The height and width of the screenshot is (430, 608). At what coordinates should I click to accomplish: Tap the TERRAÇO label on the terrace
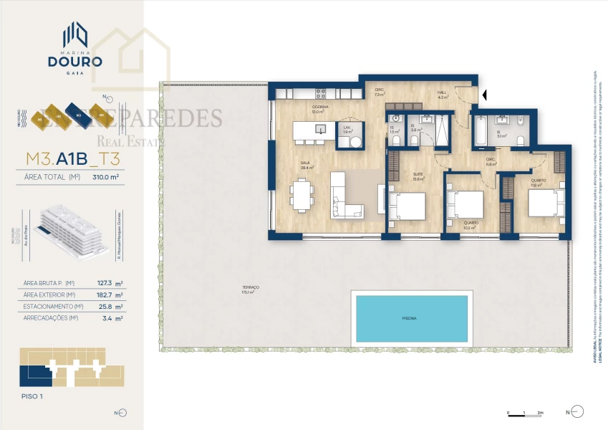249,288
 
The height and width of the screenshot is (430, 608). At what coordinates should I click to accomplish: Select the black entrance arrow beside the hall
485,94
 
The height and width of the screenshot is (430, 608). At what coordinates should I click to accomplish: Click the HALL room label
443,92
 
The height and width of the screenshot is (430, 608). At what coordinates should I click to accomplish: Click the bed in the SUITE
407,207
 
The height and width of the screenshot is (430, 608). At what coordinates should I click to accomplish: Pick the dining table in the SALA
301,194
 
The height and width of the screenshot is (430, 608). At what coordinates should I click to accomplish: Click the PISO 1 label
32,396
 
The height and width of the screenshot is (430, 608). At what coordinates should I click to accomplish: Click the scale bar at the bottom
525,412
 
